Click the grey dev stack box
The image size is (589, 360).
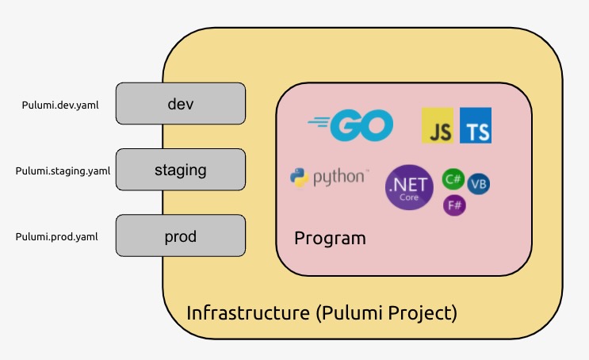(181, 104)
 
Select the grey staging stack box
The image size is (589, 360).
(181, 170)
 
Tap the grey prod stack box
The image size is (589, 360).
(181, 236)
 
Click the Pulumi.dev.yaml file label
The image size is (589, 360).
(60, 105)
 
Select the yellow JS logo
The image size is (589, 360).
(438, 126)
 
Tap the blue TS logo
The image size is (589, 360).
(476, 126)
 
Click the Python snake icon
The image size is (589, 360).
(300, 177)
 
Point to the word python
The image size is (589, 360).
(340, 177)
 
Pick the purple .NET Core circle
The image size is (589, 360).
(409, 188)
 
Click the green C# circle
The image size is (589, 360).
(453, 179)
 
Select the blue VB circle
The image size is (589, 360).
(478, 185)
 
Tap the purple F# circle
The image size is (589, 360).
(454, 205)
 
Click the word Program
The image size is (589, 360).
(330, 238)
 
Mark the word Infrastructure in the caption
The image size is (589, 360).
(247, 312)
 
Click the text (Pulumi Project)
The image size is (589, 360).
(386, 312)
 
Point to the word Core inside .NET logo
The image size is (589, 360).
(409, 197)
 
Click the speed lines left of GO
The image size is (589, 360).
(318, 122)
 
